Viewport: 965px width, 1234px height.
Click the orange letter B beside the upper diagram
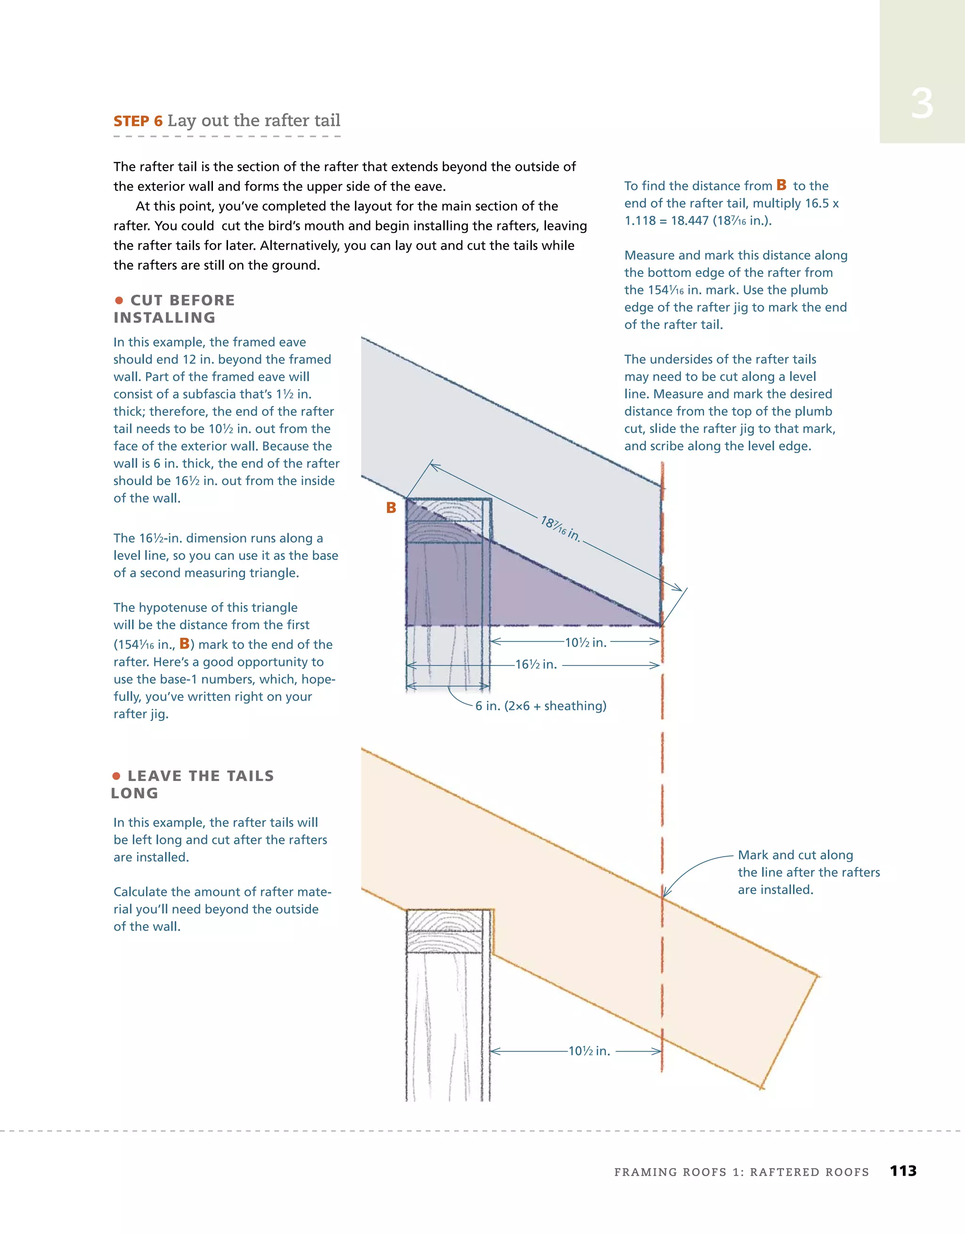391,508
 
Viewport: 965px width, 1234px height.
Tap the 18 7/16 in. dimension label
560,529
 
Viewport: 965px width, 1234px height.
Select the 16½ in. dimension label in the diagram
536,665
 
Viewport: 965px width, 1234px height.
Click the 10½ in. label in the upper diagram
586,642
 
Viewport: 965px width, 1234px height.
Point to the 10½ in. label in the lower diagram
589,1051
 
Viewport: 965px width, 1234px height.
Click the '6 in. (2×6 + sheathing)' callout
540,706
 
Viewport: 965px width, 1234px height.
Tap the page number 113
903,1171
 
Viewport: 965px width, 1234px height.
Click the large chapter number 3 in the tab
922,104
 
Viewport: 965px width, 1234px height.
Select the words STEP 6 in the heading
138,122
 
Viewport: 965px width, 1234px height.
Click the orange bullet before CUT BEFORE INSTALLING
119,300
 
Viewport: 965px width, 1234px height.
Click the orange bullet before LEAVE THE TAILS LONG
116,776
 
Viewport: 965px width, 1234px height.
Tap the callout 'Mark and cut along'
795,855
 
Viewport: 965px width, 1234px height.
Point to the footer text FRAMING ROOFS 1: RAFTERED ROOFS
741,1172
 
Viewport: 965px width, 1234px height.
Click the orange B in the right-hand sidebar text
781,185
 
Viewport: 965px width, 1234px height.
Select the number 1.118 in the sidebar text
639,221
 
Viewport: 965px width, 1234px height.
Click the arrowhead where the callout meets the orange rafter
665,894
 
